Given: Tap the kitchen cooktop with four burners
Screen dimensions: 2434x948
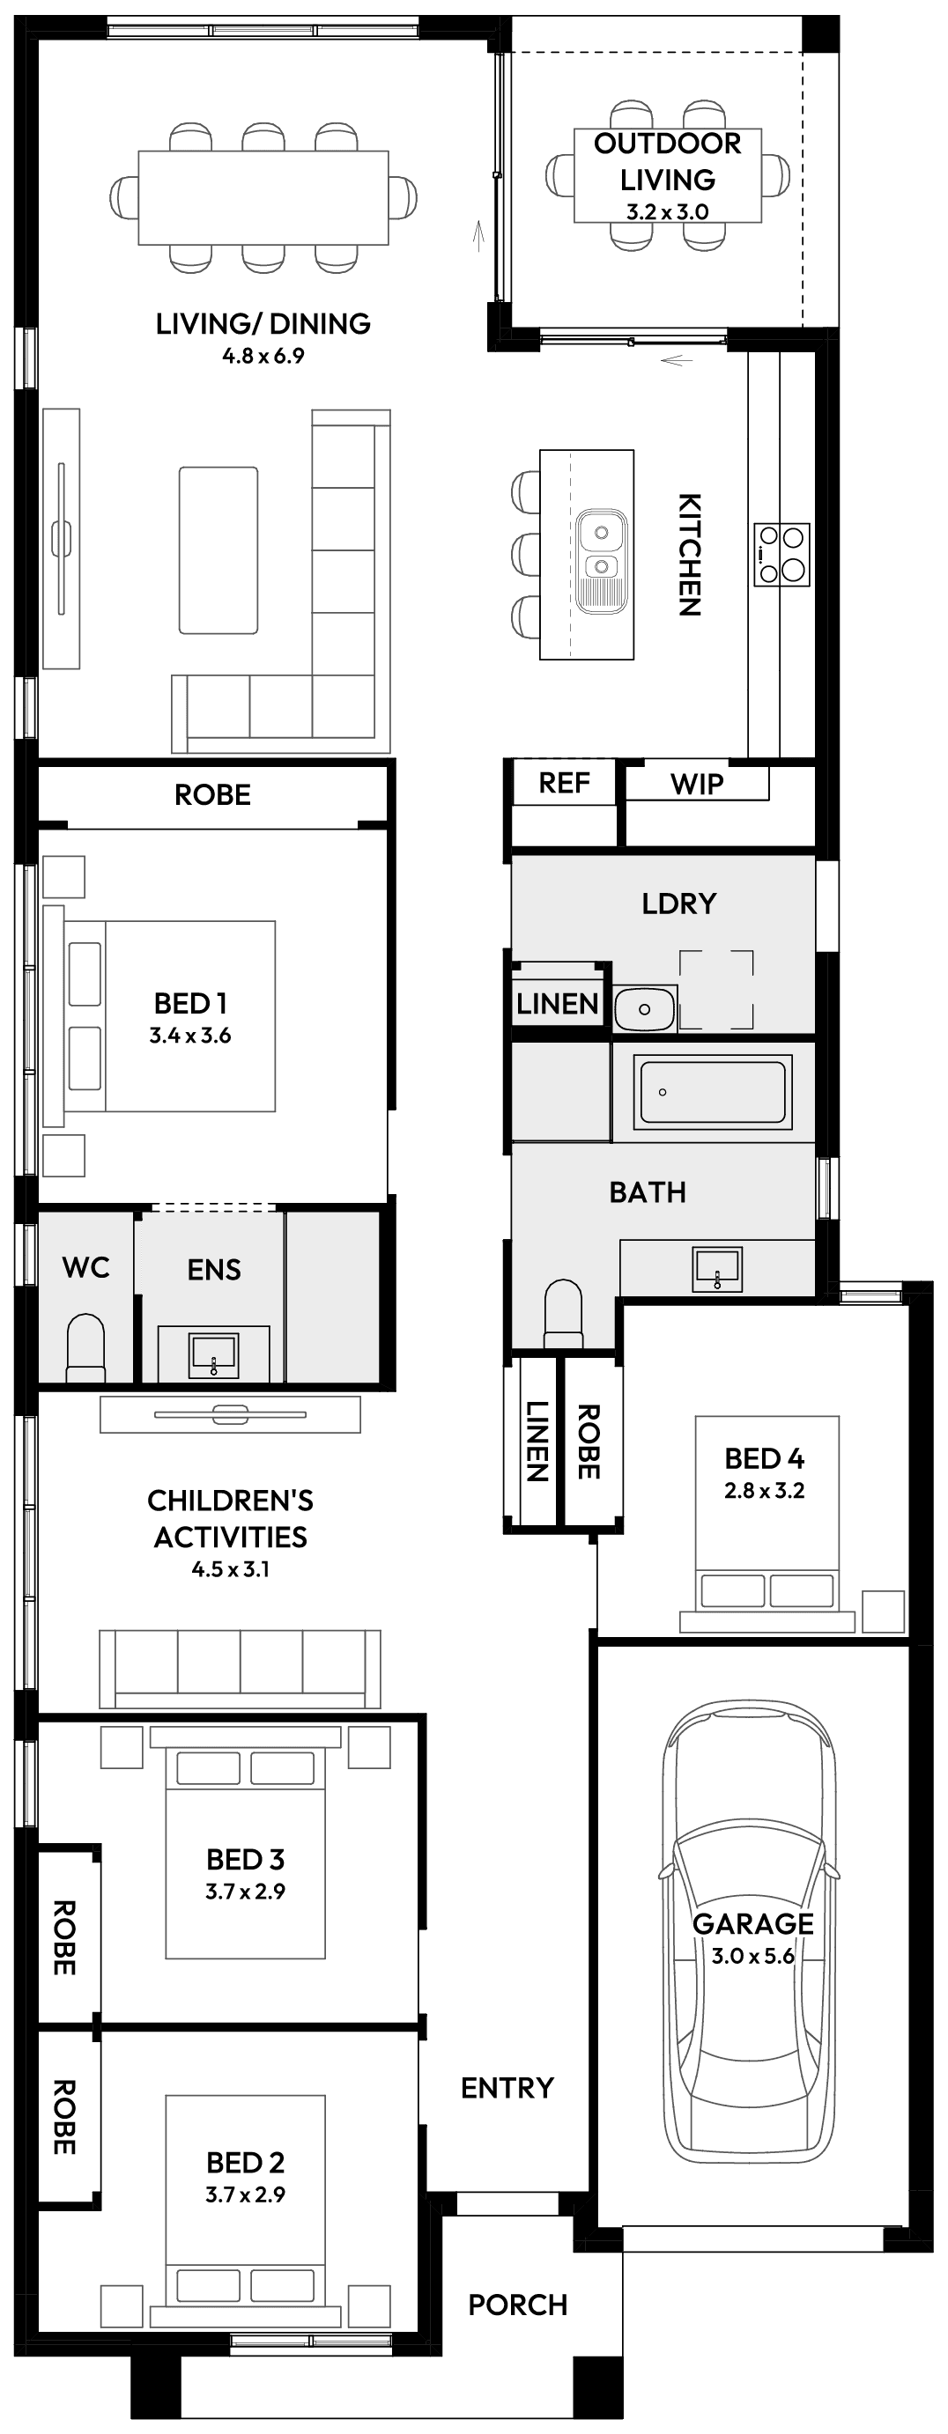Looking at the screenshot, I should coord(781,555).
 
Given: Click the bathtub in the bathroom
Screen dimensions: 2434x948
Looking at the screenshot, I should coord(714,1092).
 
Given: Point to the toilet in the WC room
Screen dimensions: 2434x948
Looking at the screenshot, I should coord(85,1347).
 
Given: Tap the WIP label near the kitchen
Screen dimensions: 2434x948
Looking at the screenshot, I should coord(697,784).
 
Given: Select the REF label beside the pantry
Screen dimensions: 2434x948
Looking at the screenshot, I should coord(563,782).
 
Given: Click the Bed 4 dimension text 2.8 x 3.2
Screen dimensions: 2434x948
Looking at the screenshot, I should coord(764,1490).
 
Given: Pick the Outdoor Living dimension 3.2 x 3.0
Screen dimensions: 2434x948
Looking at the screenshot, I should coord(667,211).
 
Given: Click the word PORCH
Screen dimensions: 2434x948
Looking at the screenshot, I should coord(518,2305).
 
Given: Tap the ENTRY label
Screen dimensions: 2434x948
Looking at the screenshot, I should coord(507,2087).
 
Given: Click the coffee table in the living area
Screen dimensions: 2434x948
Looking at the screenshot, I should coord(218,549).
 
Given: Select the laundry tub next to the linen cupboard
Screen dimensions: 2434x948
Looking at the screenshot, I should coord(645,1008).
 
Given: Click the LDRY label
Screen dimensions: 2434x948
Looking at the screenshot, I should coord(678,904).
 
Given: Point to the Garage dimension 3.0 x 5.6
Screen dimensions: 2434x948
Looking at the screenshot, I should coord(753,1955).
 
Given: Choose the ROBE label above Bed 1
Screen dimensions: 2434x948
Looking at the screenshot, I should coord(212,794).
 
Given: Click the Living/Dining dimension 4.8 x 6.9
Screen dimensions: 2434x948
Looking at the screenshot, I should coord(263,357).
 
